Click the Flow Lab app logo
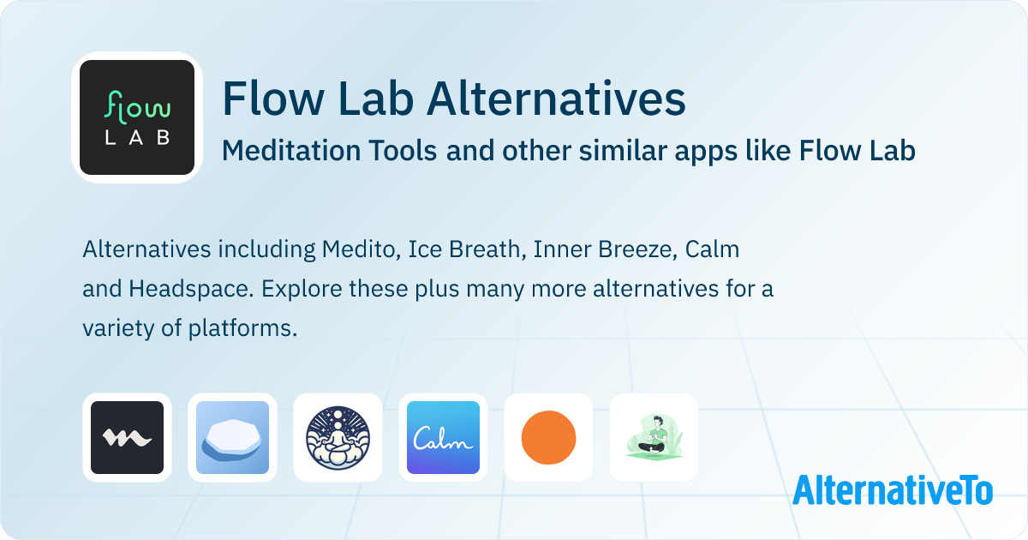point(137,117)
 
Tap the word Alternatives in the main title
point(556,99)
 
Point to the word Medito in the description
point(362,249)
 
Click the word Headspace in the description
point(191,289)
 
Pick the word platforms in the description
point(242,329)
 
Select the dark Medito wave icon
point(127,438)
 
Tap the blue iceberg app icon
point(233,438)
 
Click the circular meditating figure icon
point(338,438)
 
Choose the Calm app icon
point(444,438)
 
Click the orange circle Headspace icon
point(548,438)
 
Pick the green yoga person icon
point(654,438)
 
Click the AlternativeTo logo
point(893,489)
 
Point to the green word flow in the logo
point(138,108)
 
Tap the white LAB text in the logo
point(138,138)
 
